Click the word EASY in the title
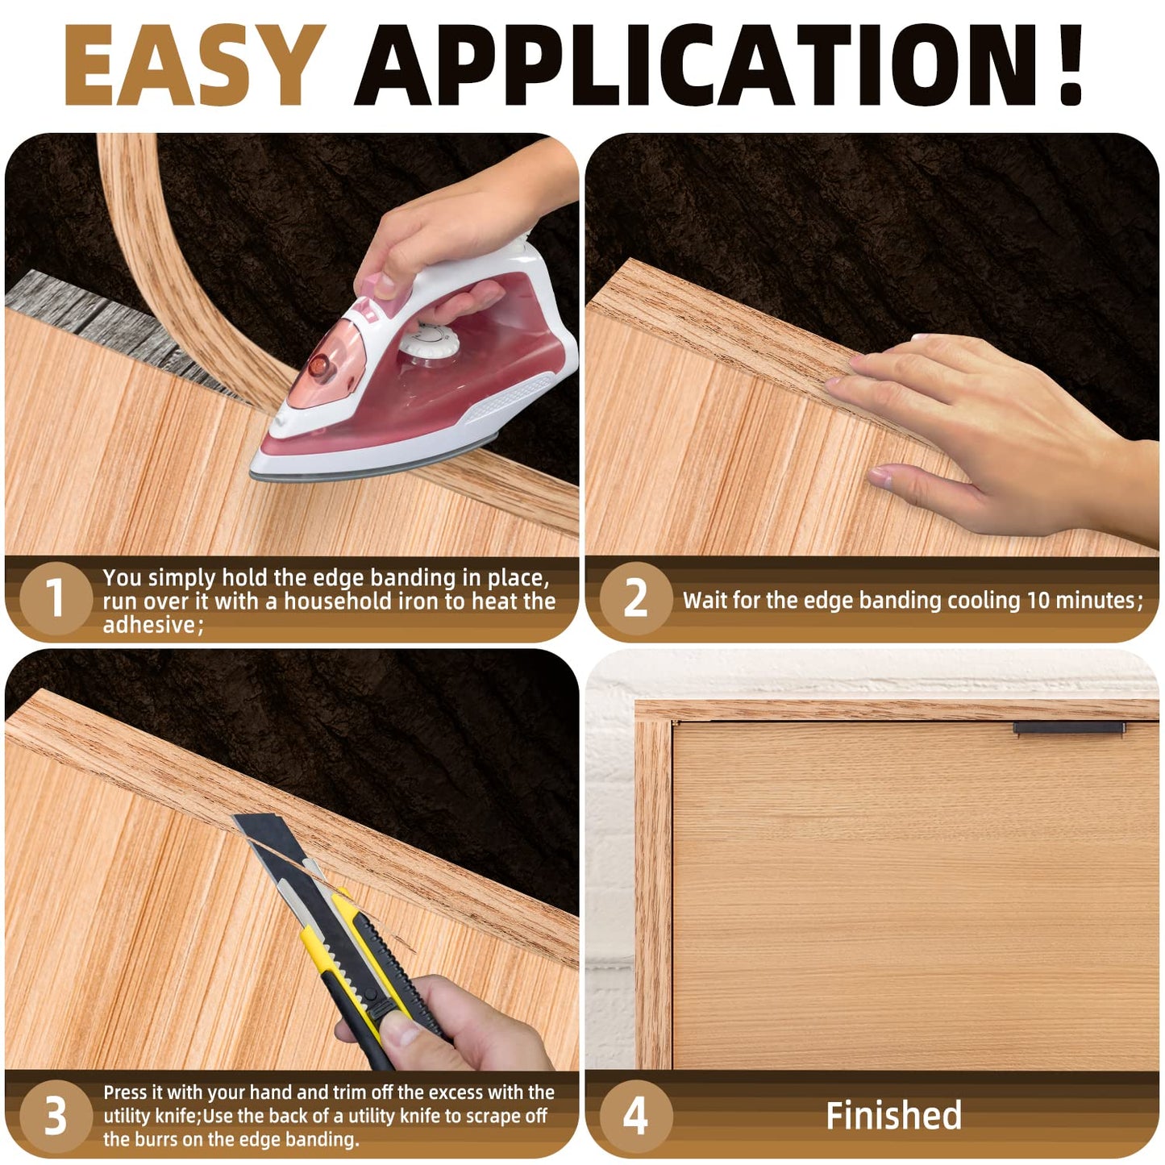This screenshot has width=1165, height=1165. point(193,66)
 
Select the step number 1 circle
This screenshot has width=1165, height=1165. point(55,598)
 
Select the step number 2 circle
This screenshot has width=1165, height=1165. point(636,598)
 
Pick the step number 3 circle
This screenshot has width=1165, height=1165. point(55,1116)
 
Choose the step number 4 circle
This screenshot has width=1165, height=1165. point(636,1116)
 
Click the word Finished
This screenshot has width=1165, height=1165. point(893,1116)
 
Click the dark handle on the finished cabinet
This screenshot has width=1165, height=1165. point(1068,728)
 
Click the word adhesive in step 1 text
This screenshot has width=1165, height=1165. point(149,625)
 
